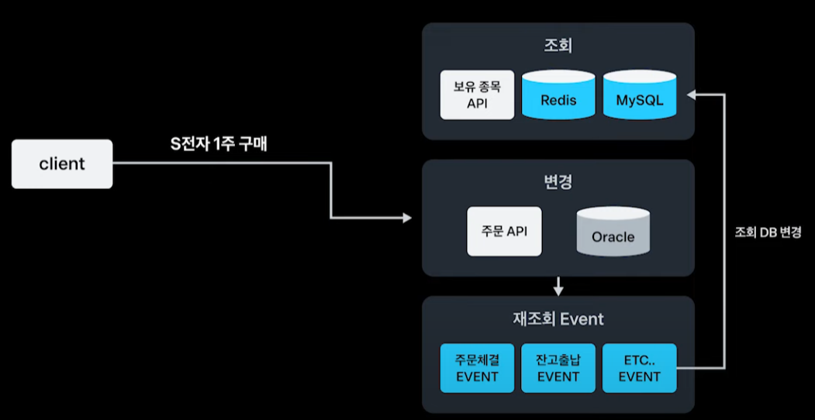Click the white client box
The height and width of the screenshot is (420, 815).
(62, 164)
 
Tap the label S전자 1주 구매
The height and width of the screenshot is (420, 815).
(219, 144)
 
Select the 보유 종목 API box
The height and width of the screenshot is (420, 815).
(477, 95)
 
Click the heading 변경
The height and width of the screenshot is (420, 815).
(558, 183)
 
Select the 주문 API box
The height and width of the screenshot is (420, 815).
(504, 230)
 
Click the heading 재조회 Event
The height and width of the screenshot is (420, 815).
(558, 318)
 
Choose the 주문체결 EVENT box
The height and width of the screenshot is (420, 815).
(477, 368)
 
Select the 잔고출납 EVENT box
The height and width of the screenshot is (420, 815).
(558, 368)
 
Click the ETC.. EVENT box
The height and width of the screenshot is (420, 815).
(640, 368)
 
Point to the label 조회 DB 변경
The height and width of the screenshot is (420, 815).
(768, 232)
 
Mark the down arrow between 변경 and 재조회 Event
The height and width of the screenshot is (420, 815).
(558, 287)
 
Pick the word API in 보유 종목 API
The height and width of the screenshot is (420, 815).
(477, 103)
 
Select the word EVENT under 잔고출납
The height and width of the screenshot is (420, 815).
(558, 377)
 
